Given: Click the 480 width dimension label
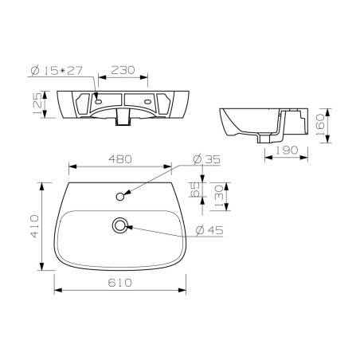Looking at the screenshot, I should (x=121, y=159).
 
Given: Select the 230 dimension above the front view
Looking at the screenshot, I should (x=123, y=70).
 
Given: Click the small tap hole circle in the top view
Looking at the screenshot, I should (x=121, y=194).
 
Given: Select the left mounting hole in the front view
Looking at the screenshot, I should (x=97, y=101).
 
